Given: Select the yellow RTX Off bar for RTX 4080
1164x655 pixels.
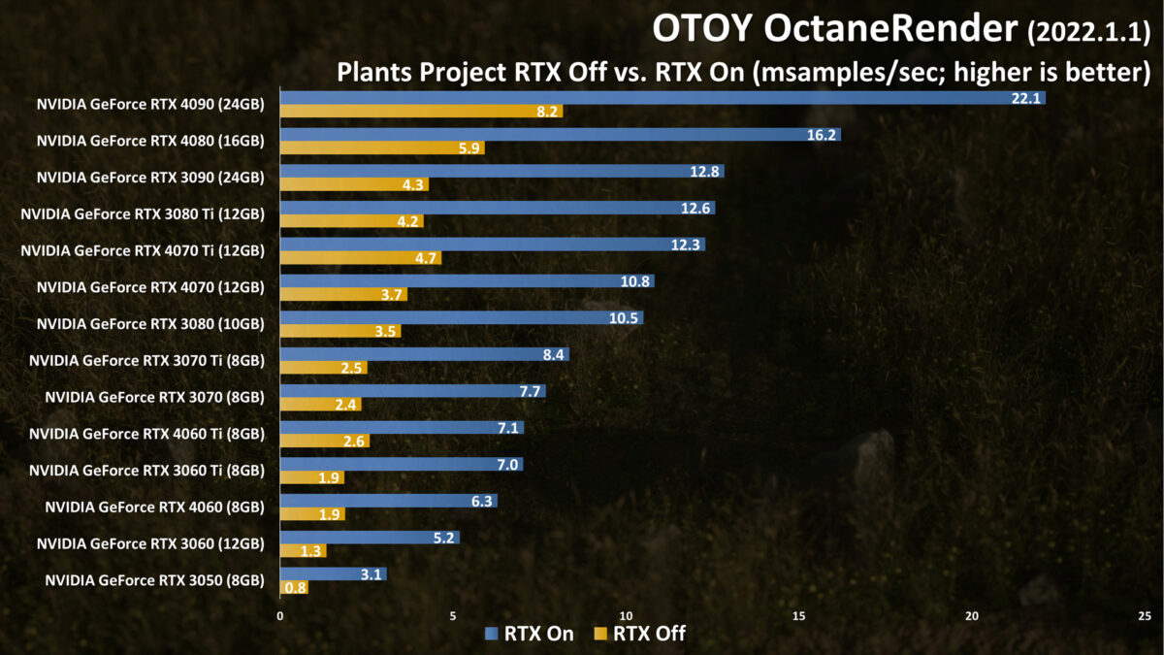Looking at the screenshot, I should coord(382,148).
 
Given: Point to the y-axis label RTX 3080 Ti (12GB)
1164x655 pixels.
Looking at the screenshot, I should coord(143,213).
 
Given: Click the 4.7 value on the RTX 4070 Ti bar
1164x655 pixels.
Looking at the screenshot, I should coord(426,258).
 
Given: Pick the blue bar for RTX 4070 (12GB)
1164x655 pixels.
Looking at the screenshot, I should coord(467,281).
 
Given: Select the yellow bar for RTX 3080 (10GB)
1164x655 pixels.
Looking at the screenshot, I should coord(340,331).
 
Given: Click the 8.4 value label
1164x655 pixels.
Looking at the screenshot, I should coord(553,355).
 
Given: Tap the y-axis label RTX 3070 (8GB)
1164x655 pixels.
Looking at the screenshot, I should coord(154,397).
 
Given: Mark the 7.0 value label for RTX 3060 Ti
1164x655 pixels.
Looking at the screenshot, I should coord(507,465).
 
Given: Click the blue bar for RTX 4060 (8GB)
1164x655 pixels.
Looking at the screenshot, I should coord(388,502).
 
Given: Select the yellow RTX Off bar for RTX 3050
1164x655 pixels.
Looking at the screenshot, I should coord(294,587).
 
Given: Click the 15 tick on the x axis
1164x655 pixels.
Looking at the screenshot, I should coord(799,615).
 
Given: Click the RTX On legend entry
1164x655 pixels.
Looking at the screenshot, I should coord(529,634).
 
